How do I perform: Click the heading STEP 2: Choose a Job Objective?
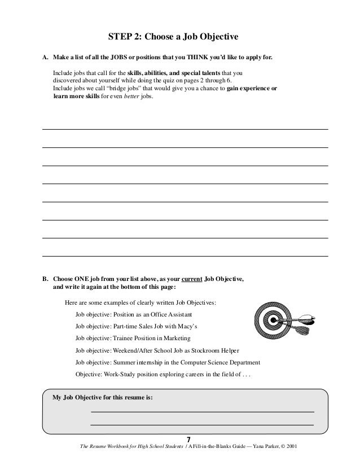click(174, 37)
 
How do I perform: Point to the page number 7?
click(189, 439)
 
